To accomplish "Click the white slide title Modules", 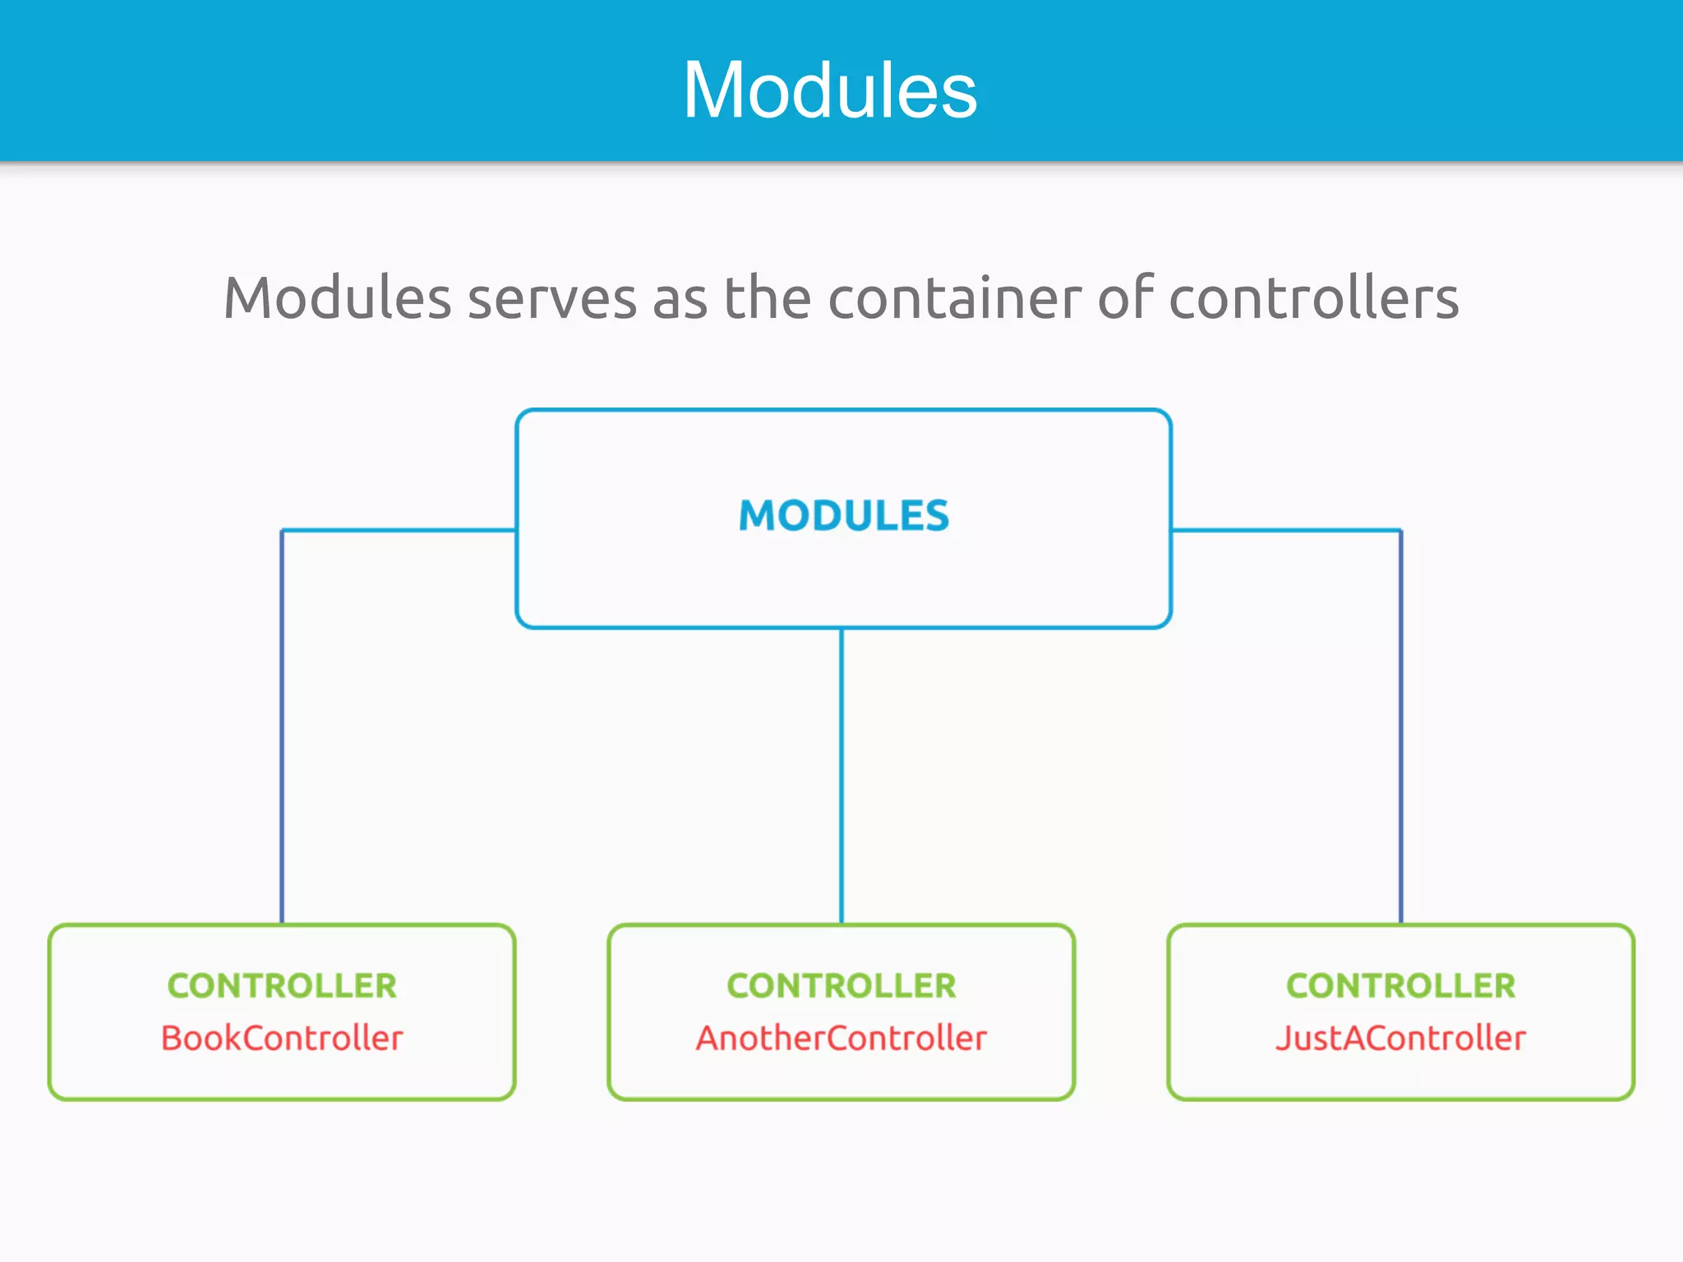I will (x=830, y=90).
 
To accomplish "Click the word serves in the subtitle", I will (x=552, y=297).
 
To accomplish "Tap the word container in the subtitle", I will (x=956, y=297).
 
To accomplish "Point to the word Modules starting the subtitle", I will (x=337, y=297).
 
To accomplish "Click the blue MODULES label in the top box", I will (x=844, y=516).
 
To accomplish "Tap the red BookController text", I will (x=282, y=1038).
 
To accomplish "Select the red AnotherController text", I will (x=841, y=1038).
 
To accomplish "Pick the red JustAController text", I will (x=1400, y=1038).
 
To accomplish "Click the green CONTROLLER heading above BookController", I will (x=282, y=985).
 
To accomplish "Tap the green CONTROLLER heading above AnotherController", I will (x=841, y=985).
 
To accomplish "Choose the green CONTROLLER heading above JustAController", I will (x=1400, y=985).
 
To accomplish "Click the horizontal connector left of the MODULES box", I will (x=399, y=531).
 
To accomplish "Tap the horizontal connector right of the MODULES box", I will (x=1286, y=531).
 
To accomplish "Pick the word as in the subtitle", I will (x=680, y=297).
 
